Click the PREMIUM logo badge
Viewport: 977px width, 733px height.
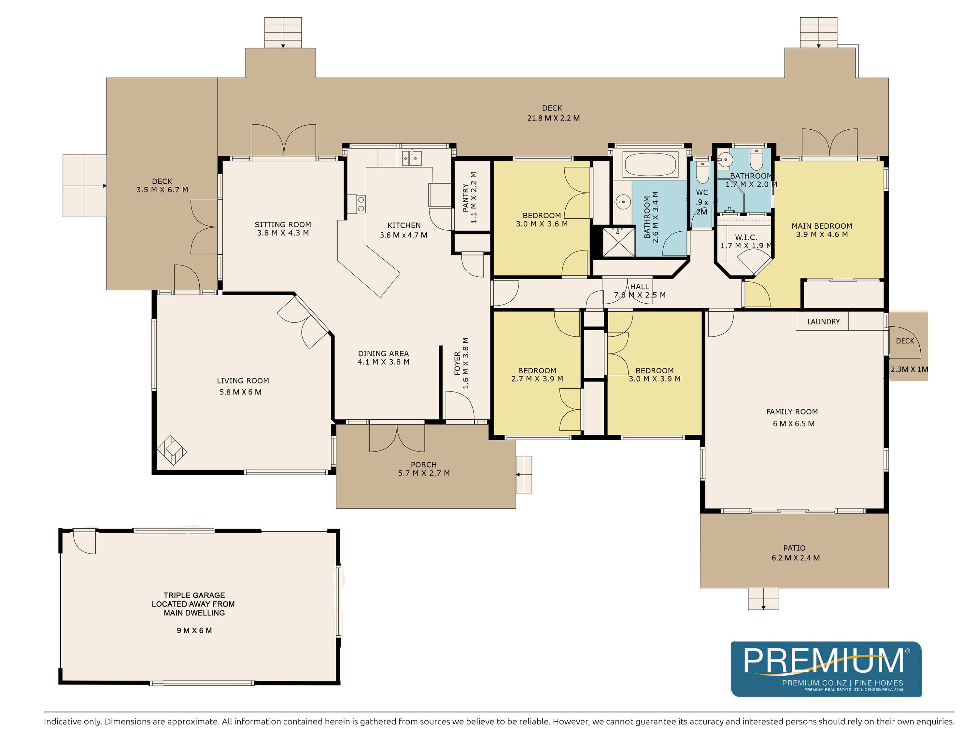tap(826, 668)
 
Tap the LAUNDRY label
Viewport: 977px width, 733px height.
tap(823, 322)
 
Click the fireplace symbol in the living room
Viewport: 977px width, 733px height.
tap(172, 451)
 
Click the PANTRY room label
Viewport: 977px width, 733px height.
tap(465, 197)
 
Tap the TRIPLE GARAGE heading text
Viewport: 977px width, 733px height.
tap(194, 595)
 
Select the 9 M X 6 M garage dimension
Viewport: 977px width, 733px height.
tap(194, 630)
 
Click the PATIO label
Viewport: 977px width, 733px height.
tap(794, 548)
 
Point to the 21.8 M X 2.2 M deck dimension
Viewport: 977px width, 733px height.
tap(553, 118)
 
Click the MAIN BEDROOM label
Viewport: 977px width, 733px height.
tap(822, 226)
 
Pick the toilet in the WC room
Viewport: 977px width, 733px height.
tap(702, 172)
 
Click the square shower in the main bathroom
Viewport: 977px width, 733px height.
tap(619, 241)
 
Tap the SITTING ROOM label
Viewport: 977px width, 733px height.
tap(283, 224)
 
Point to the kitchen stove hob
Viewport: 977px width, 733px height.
tap(361, 204)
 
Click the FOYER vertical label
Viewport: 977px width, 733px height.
tap(458, 363)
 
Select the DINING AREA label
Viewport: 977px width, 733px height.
tap(383, 353)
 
